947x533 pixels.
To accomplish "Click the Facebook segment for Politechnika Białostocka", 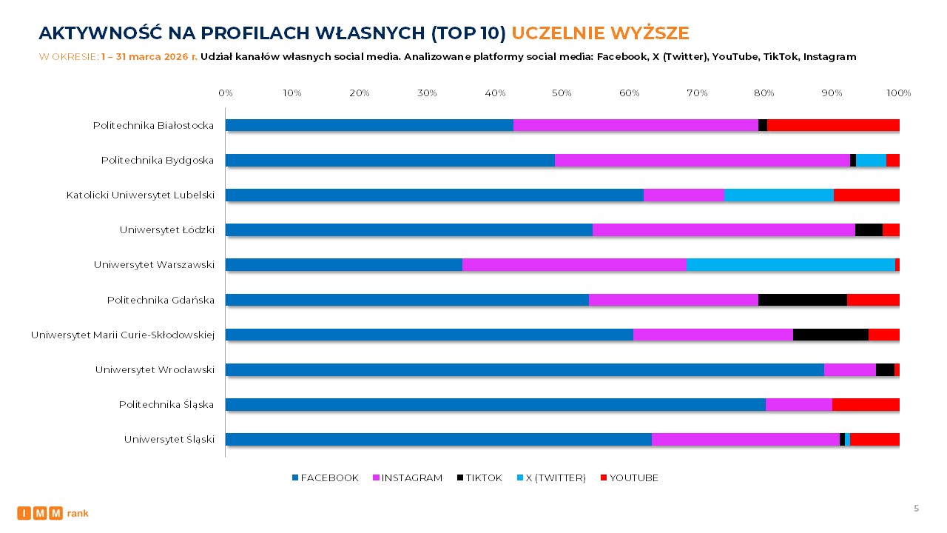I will (x=369, y=125).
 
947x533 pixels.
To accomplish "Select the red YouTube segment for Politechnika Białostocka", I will (x=833, y=125).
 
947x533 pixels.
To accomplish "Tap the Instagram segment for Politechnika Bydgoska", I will (x=702, y=160).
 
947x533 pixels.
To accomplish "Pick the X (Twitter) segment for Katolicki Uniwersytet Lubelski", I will (x=778, y=195).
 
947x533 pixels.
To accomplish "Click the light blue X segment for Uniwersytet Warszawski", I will (x=790, y=265).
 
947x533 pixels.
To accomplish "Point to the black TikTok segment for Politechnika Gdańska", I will (x=802, y=300).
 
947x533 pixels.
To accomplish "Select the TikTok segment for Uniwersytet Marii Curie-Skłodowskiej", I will (x=830, y=335).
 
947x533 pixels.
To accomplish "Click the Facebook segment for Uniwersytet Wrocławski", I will (x=525, y=369).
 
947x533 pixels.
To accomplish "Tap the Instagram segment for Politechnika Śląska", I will (x=798, y=404).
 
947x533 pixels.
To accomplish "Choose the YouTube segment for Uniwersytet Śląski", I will (x=874, y=439).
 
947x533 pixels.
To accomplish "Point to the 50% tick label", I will (x=562, y=93).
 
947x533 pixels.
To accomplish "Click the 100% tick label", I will (x=898, y=93).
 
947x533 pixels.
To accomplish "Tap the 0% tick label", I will (x=226, y=93).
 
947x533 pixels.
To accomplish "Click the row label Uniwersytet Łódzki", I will (x=166, y=230).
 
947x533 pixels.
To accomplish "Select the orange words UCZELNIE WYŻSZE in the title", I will (x=600, y=33).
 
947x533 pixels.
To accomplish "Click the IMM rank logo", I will (x=53, y=513).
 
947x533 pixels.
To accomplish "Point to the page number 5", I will (x=916, y=509).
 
